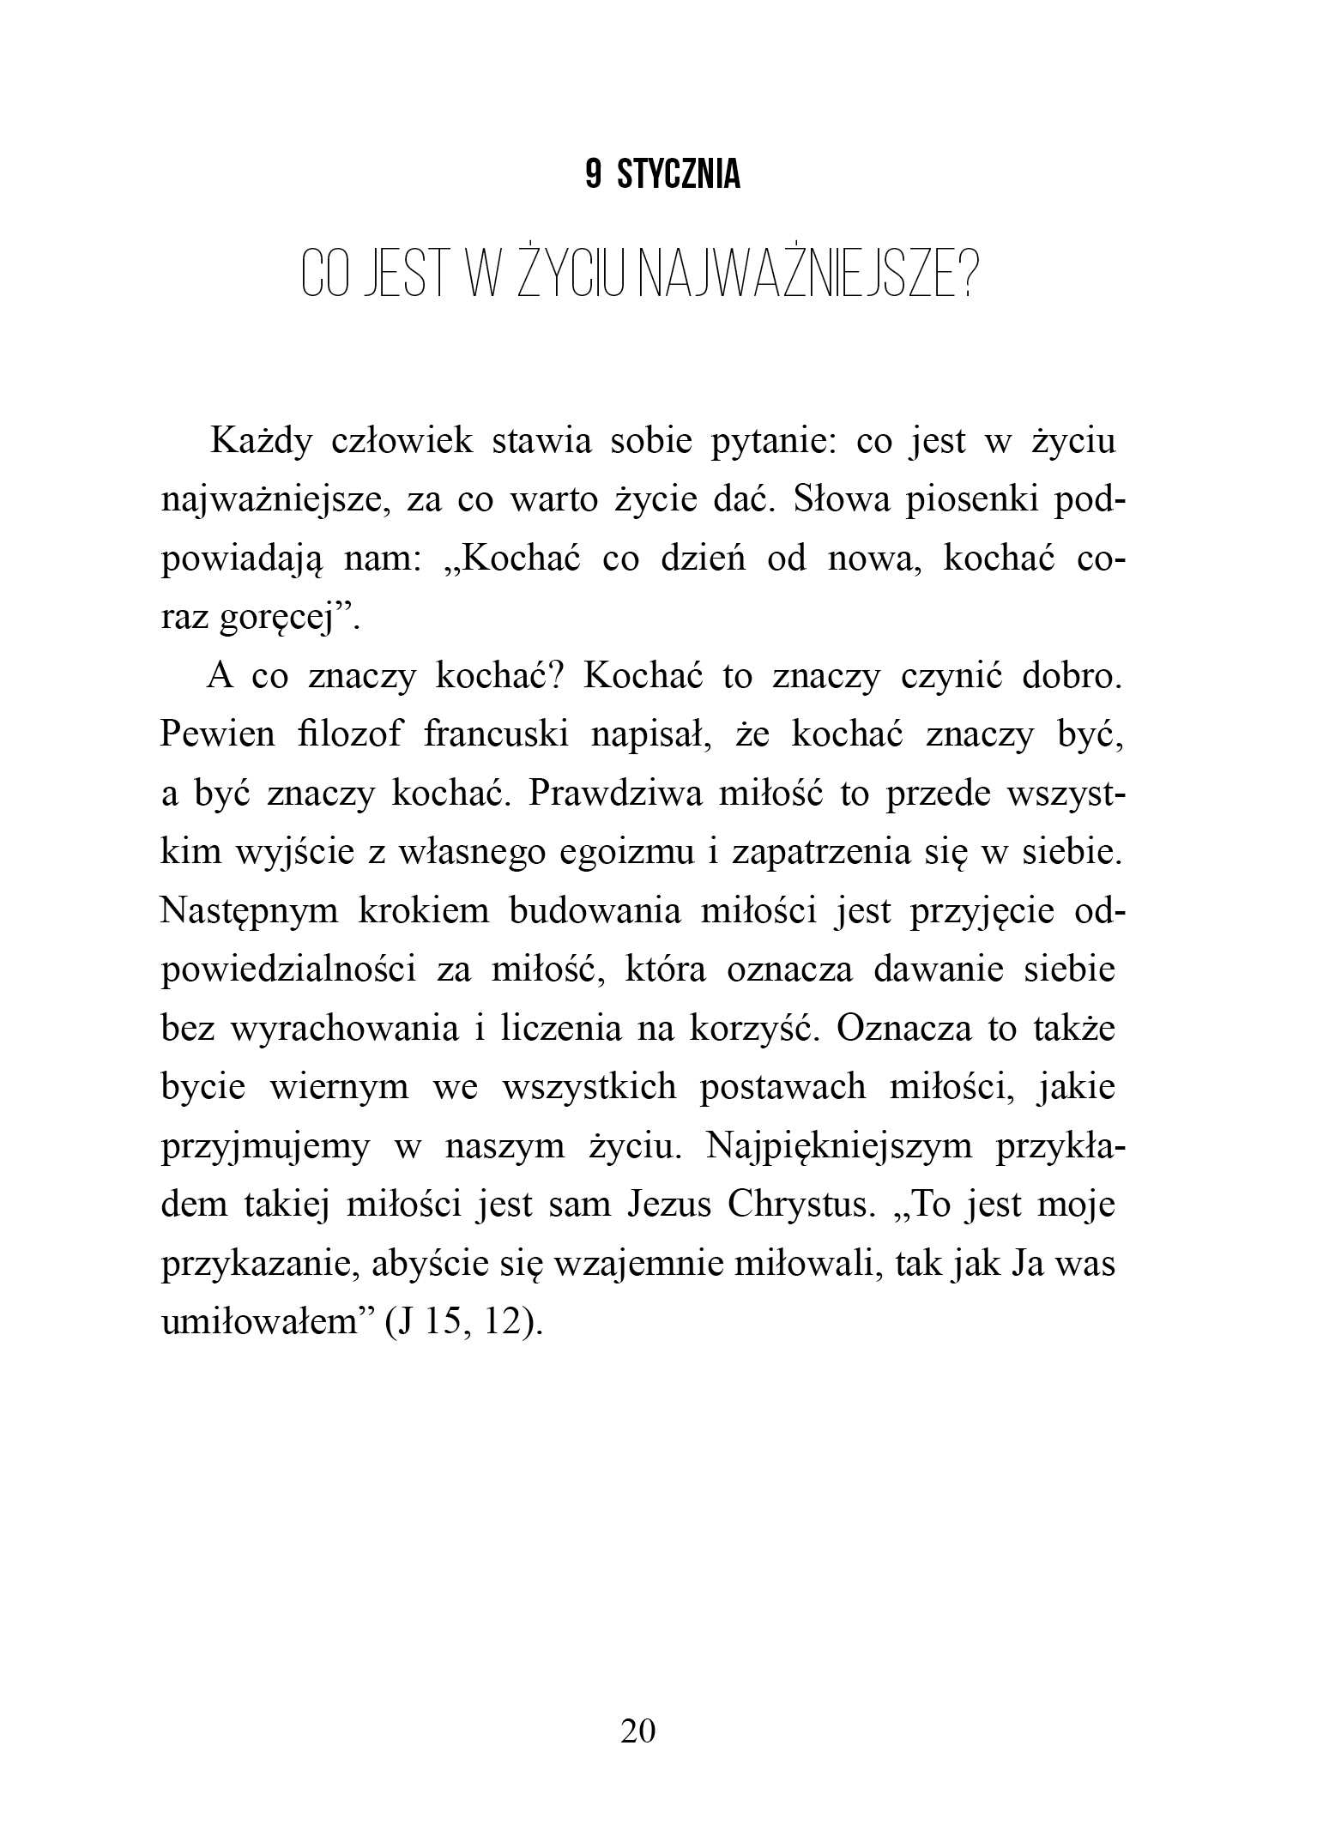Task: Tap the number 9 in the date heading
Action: [x=593, y=176]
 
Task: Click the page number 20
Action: [x=637, y=1730]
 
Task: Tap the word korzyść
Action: [x=752, y=1029]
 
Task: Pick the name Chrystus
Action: [x=795, y=1205]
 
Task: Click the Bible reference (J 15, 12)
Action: [x=464, y=1322]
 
